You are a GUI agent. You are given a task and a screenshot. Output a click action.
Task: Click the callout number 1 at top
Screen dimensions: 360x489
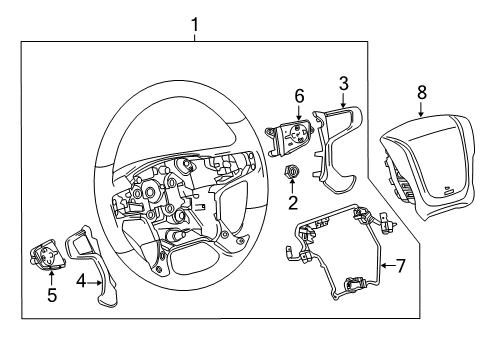click(x=195, y=21)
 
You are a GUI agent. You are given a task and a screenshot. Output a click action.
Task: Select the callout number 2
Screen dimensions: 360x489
click(x=293, y=204)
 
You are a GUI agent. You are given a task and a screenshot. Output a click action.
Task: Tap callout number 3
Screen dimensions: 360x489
click(x=342, y=83)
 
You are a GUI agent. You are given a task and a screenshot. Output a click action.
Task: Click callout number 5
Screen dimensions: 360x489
click(x=52, y=296)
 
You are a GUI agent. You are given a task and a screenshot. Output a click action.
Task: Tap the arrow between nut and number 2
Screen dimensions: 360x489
click(x=293, y=188)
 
